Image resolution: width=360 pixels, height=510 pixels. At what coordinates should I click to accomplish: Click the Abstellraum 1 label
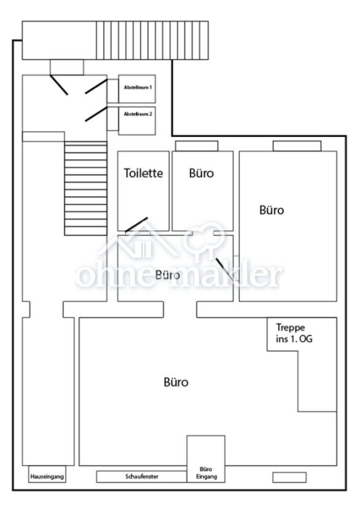[x=138, y=87]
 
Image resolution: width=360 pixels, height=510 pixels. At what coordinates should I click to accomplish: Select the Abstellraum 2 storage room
[x=137, y=120]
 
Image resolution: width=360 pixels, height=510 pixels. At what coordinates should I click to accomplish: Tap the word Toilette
[x=143, y=173]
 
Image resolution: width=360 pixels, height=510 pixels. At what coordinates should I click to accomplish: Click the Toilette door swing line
[x=136, y=224]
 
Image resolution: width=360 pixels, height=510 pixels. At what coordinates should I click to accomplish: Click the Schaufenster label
[x=142, y=476]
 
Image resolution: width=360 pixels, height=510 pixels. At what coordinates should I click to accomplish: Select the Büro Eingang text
[x=206, y=473]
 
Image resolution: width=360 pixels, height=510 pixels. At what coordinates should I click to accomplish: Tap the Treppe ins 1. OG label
[x=294, y=333]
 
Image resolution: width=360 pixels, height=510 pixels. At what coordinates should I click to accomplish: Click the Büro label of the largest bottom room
[x=176, y=382]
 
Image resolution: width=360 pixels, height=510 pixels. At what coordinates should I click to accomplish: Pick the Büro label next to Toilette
[x=202, y=173]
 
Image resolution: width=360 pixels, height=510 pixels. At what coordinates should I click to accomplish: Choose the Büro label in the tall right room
[x=272, y=210]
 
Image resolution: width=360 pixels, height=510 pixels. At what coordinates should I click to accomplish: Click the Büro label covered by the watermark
[x=168, y=275]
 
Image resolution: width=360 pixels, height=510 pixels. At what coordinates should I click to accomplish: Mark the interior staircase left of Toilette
[x=85, y=188]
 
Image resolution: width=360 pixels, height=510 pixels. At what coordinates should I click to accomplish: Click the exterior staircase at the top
[x=152, y=41]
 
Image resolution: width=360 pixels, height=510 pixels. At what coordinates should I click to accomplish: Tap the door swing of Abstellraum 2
[x=96, y=114]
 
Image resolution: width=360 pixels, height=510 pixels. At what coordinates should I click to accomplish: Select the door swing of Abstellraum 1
[x=96, y=86]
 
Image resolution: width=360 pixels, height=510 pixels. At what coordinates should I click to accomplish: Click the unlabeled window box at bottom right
[x=289, y=477]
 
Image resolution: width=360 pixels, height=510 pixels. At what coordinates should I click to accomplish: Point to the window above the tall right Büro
[x=297, y=146]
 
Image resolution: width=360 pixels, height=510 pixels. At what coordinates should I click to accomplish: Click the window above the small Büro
[x=197, y=146]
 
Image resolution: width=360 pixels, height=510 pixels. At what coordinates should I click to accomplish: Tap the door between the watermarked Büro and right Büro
[x=225, y=269]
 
